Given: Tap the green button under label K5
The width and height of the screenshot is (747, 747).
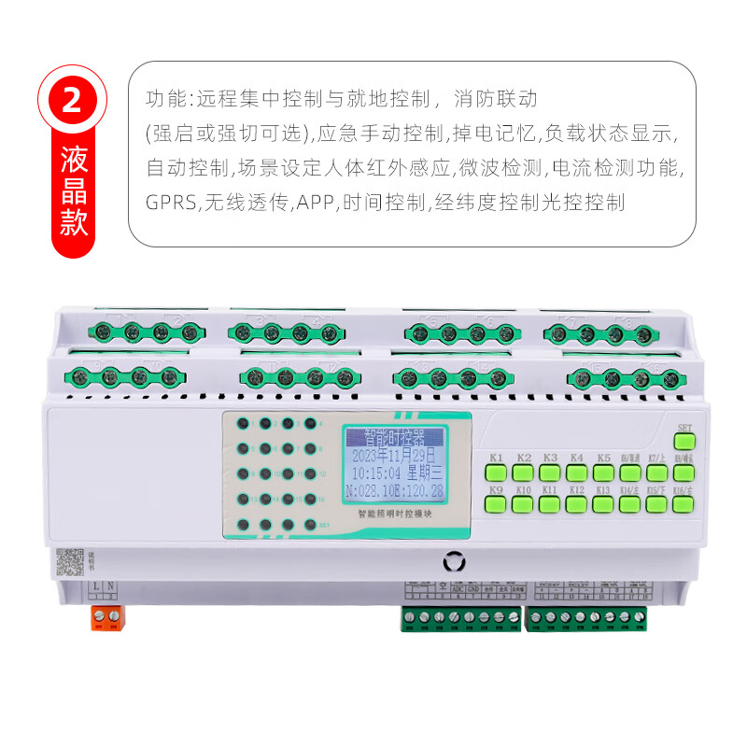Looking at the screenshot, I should click(x=603, y=473).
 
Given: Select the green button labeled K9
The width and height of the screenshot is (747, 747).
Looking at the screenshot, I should click(x=496, y=505).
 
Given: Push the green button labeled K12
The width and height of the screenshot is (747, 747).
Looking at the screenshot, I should click(x=576, y=505).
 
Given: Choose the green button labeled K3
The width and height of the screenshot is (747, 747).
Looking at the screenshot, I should click(x=550, y=473).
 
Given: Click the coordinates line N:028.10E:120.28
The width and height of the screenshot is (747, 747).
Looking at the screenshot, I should click(x=393, y=491).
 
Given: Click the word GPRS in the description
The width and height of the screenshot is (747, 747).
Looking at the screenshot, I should click(x=170, y=202).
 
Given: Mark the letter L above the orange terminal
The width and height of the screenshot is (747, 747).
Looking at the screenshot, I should click(x=99, y=585).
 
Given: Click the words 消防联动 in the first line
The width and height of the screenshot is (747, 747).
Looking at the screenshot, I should click(x=497, y=98).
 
